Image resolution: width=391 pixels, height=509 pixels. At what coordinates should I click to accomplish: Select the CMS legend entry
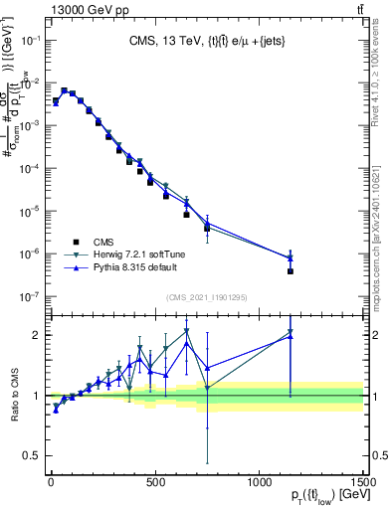pos(102,242)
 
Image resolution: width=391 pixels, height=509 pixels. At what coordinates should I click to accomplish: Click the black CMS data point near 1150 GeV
pos(291,271)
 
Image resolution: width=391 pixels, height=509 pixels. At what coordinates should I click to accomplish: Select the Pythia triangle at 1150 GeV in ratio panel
pos(291,337)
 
